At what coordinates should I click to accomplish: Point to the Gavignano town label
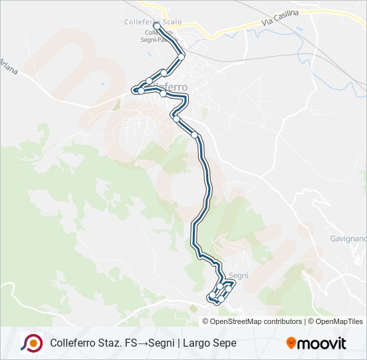(x=348, y=238)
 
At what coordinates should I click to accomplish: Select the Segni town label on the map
(x=238, y=275)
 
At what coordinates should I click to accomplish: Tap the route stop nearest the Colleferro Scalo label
(x=157, y=27)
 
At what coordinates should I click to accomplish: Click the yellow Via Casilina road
(x=227, y=29)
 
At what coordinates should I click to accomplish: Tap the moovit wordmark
(x=322, y=343)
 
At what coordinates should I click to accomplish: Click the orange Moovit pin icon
(x=291, y=343)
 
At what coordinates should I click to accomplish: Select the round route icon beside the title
(x=31, y=343)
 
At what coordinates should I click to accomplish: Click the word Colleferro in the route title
(x=71, y=343)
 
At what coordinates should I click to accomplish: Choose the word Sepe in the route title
(x=224, y=343)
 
